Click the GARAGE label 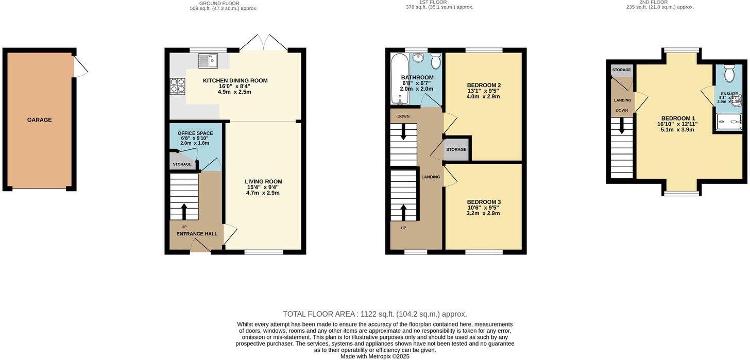tap(40, 120)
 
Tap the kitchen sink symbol tap(209, 61)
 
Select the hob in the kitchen tap(177, 85)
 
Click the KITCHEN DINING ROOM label tap(235, 81)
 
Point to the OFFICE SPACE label tap(195, 133)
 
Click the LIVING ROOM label tap(263, 182)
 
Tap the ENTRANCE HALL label tap(197, 234)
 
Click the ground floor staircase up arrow tap(184, 211)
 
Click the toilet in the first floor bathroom tap(436, 61)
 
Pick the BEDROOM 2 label tap(484, 85)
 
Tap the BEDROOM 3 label tap(484, 202)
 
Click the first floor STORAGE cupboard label tap(456, 150)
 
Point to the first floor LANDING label tap(431, 177)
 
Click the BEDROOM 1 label tap(675, 118)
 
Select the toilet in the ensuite tap(729, 74)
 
